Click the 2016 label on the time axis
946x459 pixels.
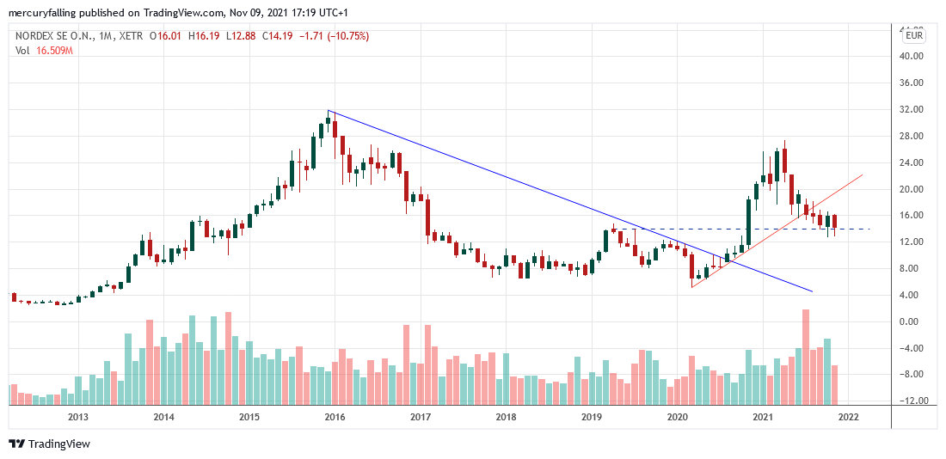pos(335,418)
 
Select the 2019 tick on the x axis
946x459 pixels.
pos(591,418)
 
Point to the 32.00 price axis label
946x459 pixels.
pos(910,109)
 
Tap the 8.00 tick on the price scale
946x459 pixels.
pos(910,268)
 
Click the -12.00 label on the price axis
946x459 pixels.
pos(910,401)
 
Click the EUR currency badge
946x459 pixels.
pos(913,35)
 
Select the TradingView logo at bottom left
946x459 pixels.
pos(50,444)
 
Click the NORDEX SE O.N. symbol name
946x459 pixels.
pos(54,36)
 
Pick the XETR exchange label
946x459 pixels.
pos(129,36)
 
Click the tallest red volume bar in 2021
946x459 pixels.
pos(806,357)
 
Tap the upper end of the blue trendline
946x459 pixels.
pos(329,111)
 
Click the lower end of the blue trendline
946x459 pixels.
pos(812,292)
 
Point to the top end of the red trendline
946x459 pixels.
pos(862,174)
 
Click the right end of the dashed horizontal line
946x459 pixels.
pos(870,229)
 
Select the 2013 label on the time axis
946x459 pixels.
pos(78,418)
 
